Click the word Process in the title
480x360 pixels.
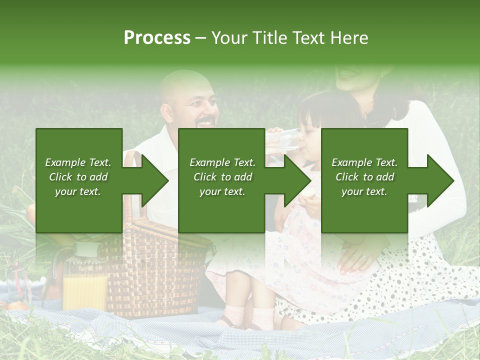click(x=157, y=38)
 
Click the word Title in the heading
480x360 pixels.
click(x=267, y=38)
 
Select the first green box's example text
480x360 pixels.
click(x=78, y=177)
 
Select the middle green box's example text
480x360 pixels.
click(x=222, y=177)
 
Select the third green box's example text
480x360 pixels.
click(x=364, y=177)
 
